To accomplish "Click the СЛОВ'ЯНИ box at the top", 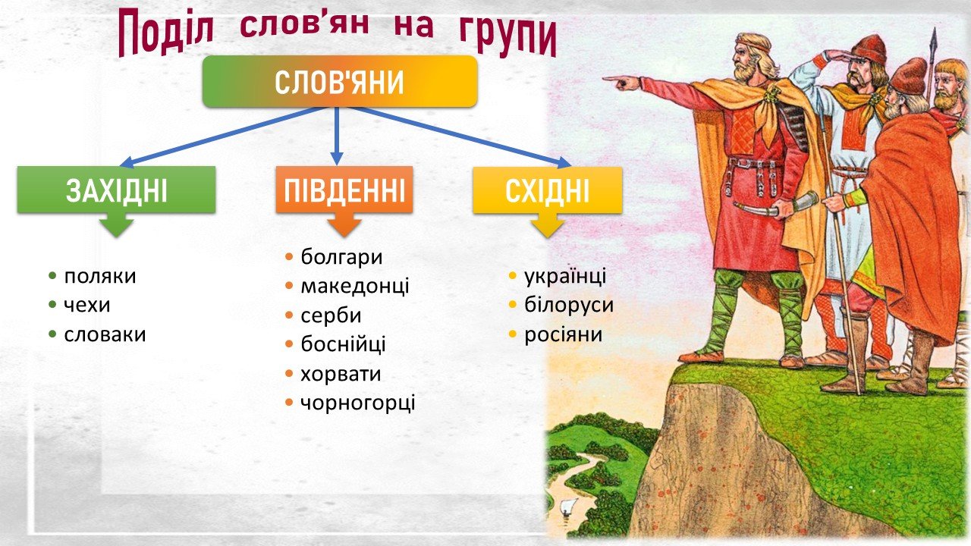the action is [x=340, y=81].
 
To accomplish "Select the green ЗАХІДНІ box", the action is [x=116, y=190].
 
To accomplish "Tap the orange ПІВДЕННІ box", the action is [x=344, y=190].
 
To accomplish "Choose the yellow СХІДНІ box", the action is [x=548, y=190].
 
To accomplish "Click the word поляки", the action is [x=100, y=277].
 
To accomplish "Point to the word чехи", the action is [x=87, y=306].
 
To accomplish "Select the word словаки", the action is [x=105, y=334].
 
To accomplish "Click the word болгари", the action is [x=341, y=257].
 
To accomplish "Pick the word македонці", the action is [x=355, y=287].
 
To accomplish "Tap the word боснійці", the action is [x=344, y=344].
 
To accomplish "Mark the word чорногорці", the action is [x=358, y=403].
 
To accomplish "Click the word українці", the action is [x=565, y=277].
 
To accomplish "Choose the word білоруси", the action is [x=569, y=305].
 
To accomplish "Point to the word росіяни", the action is [x=564, y=334].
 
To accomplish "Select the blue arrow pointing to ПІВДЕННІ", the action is [x=337, y=136].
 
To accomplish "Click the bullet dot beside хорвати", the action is [x=290, y=374].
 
